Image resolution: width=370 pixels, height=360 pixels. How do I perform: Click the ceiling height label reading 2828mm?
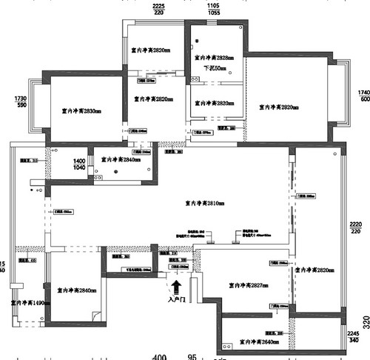coord(214,57)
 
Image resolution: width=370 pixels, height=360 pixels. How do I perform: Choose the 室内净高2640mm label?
coord(258,343)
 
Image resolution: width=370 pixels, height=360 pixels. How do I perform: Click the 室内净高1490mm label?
coord(30,302)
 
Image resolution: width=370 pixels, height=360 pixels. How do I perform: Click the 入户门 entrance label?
coord(176,300)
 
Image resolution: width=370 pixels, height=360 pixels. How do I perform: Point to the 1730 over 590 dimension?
coord(20,102)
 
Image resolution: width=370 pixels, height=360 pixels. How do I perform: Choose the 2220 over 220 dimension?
coord(356,227)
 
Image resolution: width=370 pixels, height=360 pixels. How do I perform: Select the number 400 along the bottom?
coord(159,356)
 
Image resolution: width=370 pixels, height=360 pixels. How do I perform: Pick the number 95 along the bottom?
coord(192,356)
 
